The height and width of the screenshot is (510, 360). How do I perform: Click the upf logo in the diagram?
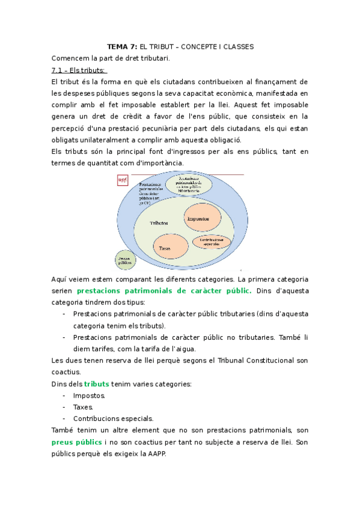pyautogui.click(x=123, y=180)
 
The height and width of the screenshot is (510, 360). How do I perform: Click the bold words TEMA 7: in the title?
pyautogui.click(x=122, y=46)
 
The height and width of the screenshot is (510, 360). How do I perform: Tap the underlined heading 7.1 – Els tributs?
pyautogui.click(x=79, y=70)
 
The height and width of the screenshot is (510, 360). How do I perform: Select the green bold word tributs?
pyautogui.click(x=97, y=384)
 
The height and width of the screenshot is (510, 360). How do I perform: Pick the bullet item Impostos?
pyautogui.click(x=89, y=395)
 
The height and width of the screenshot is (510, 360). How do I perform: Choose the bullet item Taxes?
pyautogui.click(x=84, y=407)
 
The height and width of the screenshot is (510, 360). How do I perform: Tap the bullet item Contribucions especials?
pyautogui.click(x=113, y=418)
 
